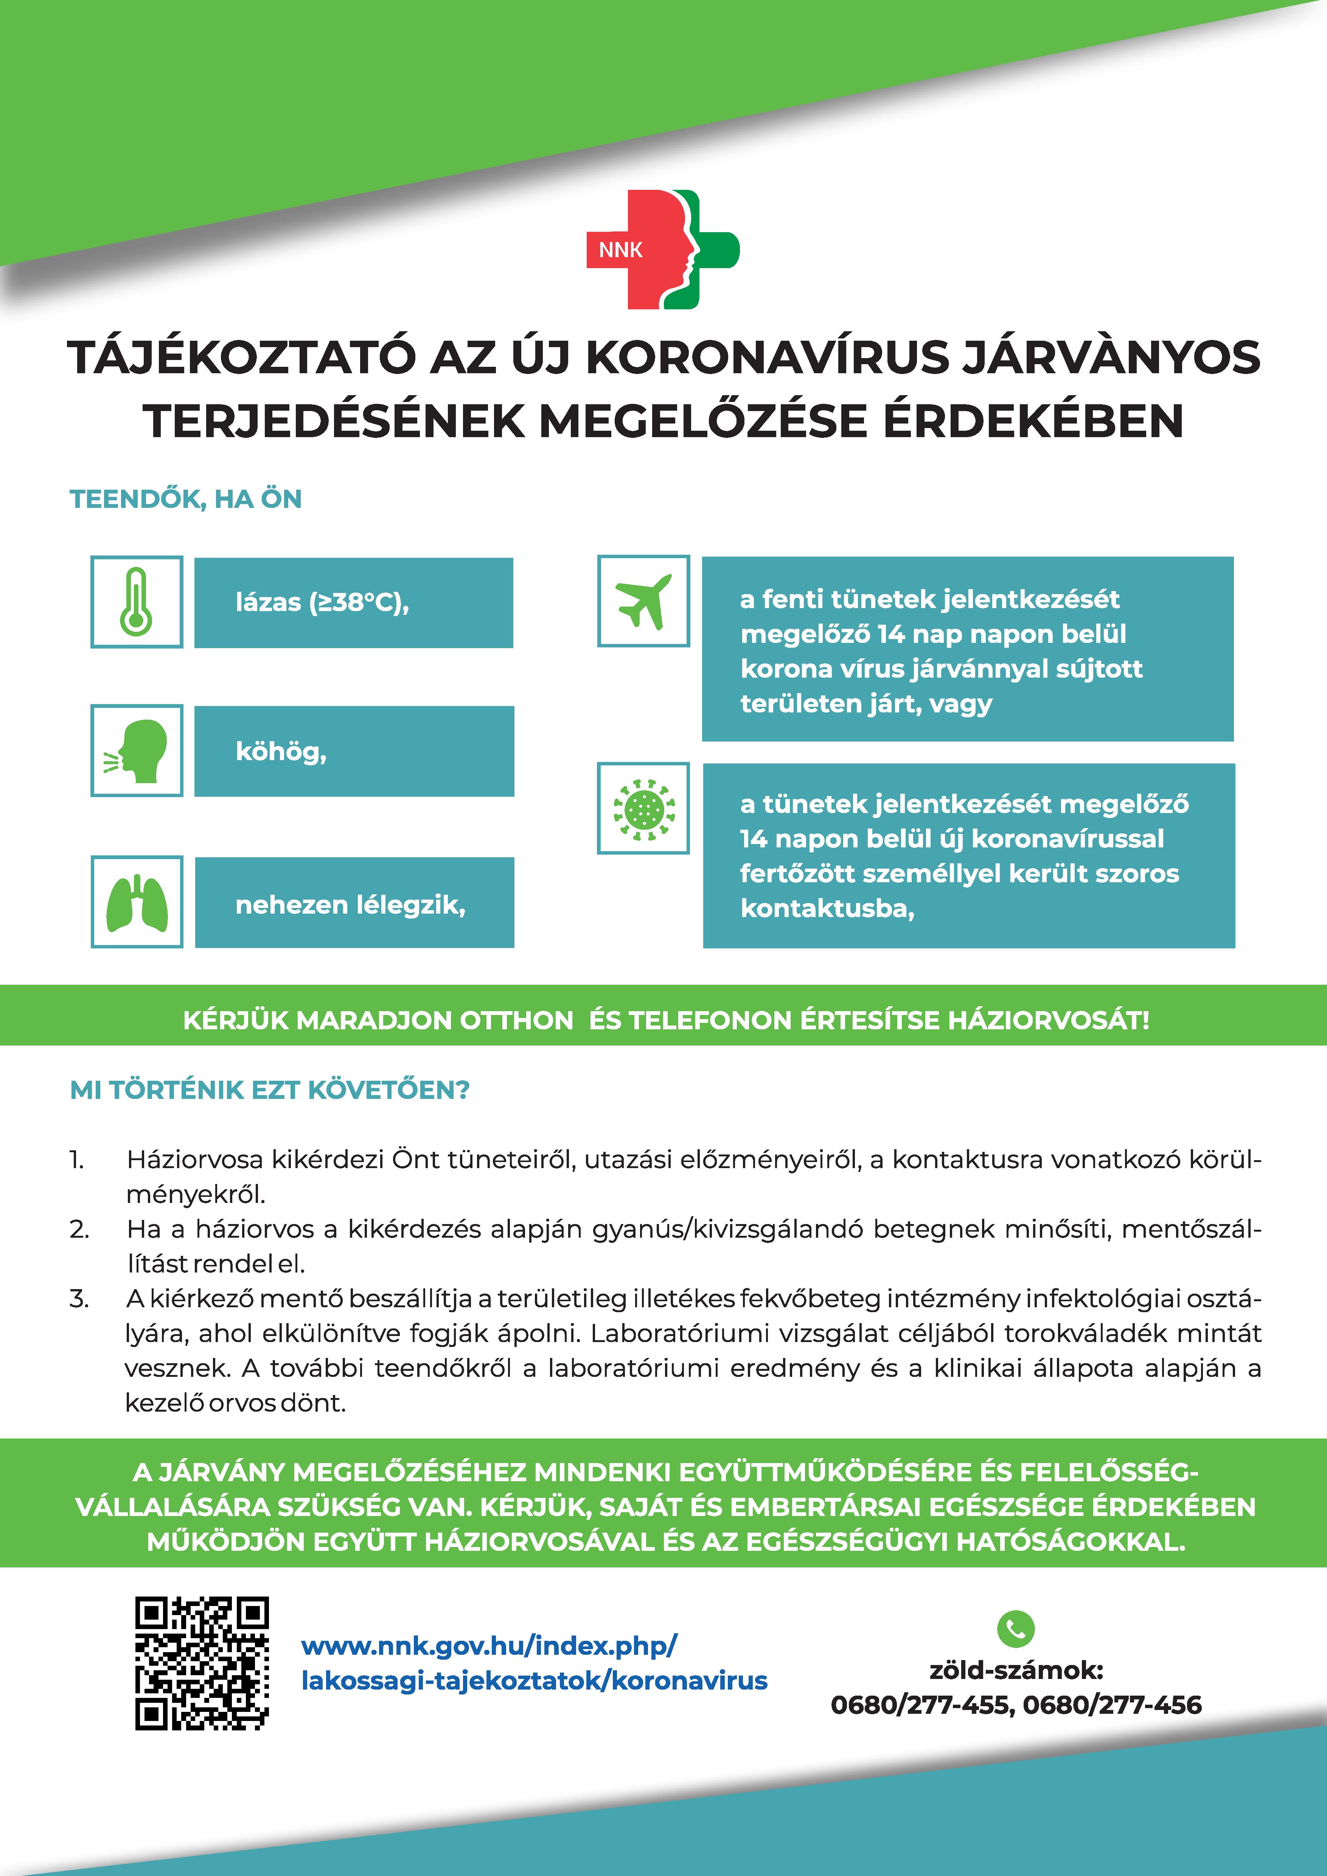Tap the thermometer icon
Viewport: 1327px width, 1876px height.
click(x=137, y=602)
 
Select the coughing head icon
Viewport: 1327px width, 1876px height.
click(x=137, y=750)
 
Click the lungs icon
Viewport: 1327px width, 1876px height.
click(x=137, y=902)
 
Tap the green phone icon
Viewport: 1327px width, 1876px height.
click(x=1016, y=1628)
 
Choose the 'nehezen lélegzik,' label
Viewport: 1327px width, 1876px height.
click(x=350, y=905)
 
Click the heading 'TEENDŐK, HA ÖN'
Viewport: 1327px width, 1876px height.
click(x=185, y=499)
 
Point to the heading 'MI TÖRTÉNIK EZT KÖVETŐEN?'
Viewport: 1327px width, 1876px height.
click(x=270, y=1090)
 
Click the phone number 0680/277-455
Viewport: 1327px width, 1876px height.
click(x=920, y=1705)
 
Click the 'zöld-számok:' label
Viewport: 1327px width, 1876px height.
click(x=1016, y=1670)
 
